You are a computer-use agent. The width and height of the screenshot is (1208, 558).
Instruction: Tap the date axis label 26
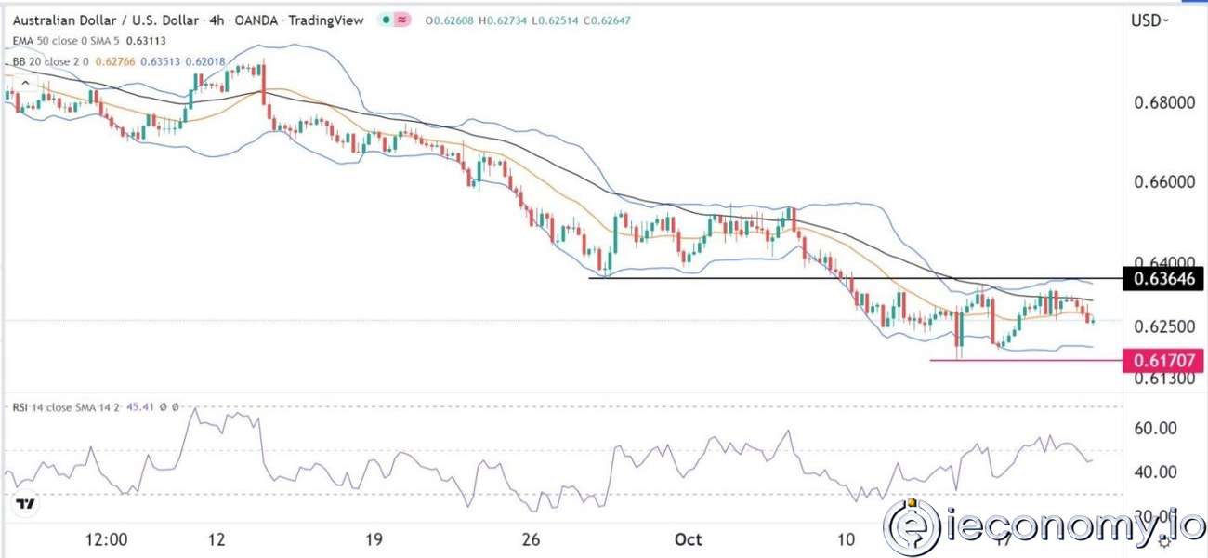532,539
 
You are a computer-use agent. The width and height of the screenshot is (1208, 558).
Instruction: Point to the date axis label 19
374,539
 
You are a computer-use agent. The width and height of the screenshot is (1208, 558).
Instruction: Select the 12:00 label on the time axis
105,539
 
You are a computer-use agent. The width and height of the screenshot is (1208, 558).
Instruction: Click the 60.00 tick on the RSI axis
1158,428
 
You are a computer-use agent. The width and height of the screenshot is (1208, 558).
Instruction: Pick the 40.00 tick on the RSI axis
1158,472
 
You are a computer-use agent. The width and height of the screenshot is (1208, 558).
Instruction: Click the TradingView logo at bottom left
26,505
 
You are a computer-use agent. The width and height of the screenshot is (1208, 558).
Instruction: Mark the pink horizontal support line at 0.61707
1022,360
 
